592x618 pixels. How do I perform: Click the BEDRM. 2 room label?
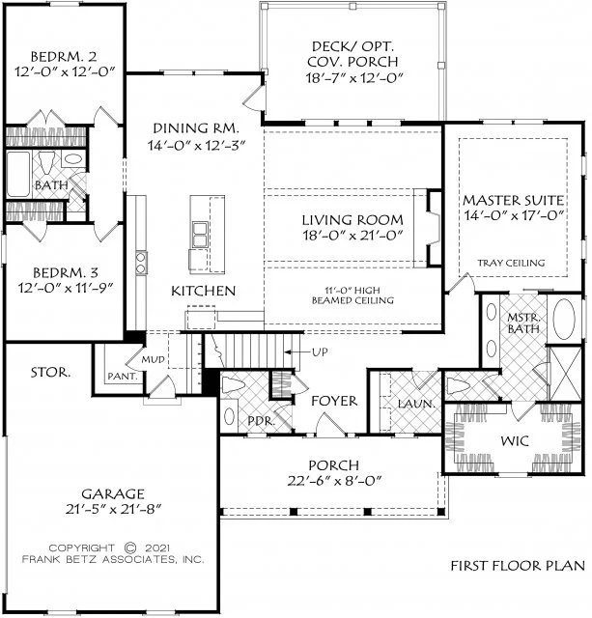[x=64, y=57]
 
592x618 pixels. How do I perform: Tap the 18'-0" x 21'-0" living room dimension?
[x=352, y=236]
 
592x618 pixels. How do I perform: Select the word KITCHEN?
[x=204, y=291]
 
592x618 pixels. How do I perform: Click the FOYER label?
[x=334, y=401]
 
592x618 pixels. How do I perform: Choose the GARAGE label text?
[x=113, y=493]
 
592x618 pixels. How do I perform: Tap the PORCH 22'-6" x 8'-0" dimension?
[x=334, y=481]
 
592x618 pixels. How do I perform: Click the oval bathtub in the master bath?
[x=564, y=319]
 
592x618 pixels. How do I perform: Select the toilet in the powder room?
[x=234, y=384]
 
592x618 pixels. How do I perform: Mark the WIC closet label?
[x=515, y=440]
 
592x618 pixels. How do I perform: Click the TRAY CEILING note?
[x=511, y=263]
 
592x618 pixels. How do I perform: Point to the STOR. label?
[x=51, y=372]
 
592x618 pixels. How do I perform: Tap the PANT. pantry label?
[x=123, y=377]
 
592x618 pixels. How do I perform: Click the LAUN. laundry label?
[x=416, y=404]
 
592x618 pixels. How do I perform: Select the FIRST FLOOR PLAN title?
[x=518, y=566]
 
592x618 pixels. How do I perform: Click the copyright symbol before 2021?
[x=130, y=548]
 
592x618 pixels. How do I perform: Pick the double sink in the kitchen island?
[x=200, y=235]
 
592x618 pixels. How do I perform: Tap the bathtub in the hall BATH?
[x=18, y=174]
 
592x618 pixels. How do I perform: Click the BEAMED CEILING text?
[x=352, y=300]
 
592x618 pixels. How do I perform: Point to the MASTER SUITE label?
[x=513, y=200]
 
